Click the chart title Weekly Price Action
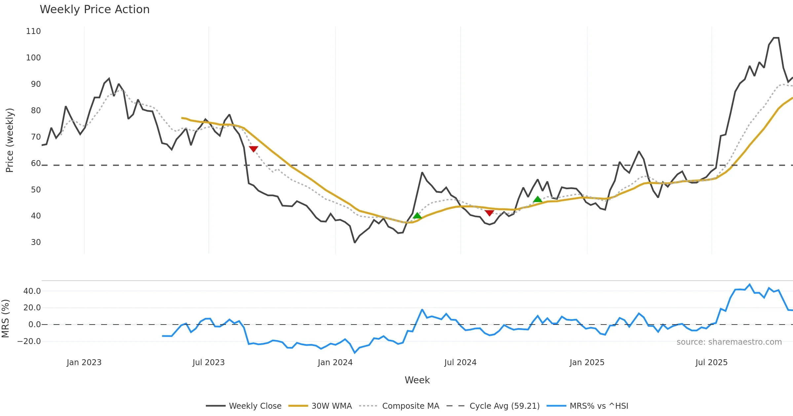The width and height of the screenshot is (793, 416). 94,10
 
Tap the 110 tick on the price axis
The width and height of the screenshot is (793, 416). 33,31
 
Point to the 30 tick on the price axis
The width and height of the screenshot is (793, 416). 36,242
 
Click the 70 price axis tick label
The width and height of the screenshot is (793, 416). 36,137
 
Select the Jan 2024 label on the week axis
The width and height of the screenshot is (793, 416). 335,363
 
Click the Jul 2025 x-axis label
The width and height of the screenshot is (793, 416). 711,363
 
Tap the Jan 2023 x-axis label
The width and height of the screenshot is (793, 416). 84,363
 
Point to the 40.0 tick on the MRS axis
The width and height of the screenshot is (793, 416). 32,291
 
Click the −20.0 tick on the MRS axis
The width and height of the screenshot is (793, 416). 29,341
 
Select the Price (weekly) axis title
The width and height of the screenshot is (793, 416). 10,140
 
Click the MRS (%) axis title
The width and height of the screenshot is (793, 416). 5,319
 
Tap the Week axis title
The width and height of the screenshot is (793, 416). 417,380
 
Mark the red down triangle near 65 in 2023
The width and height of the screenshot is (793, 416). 253,149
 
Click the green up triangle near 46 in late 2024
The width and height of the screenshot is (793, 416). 538,199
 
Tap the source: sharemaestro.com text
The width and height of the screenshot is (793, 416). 729,342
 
